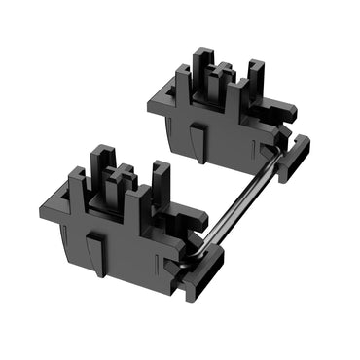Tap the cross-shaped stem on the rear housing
[x=223, y=78]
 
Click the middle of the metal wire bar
[x=244, y=196]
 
